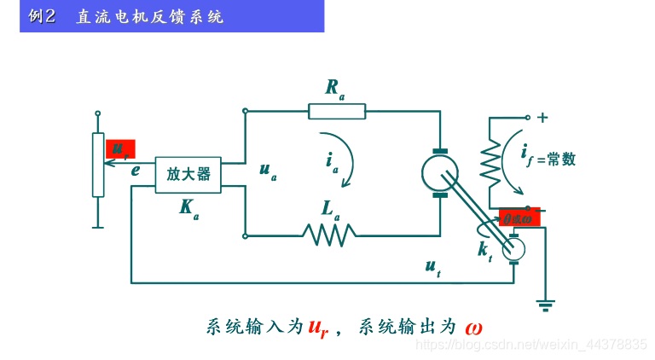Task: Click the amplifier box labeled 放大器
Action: (x=188, y=175)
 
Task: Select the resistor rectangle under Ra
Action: (x=337, y=111)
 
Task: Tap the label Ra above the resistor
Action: (x=334, y=87)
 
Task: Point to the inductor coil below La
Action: (x=329, y=233)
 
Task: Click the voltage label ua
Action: (x=268, y=171)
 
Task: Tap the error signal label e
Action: (x=136, y=170)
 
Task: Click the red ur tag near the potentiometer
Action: (x=120, y=149)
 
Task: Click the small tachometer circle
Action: (x=513, y=249)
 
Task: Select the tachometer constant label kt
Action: (x=484, y=250)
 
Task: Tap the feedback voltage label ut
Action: (x=433, y=267)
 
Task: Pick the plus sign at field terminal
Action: (x=542, y=118)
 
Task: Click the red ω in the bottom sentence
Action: (x=475, y=327)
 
